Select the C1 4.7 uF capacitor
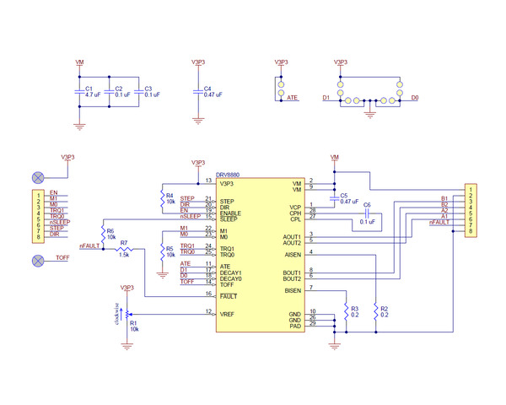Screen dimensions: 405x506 pyautogui.click(x=79, y=91)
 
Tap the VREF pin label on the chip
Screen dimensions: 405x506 pyautogui.click(x=227, y=314)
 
